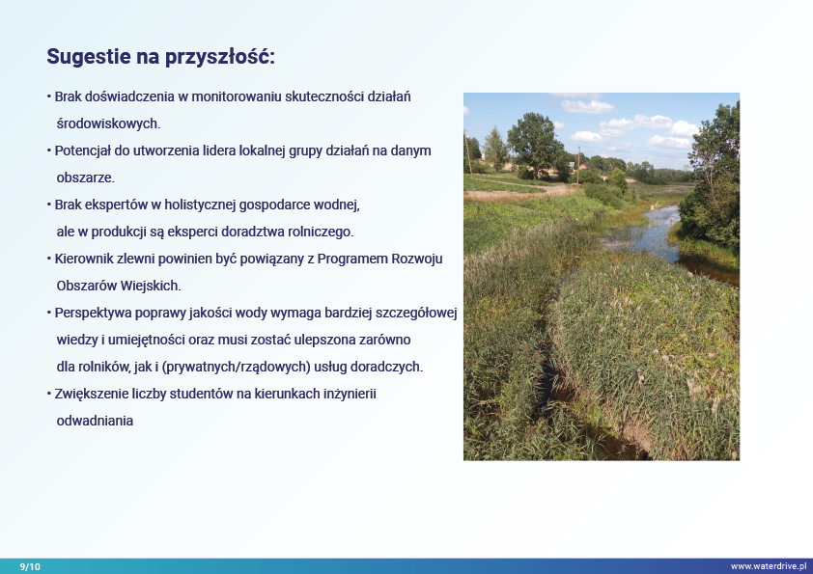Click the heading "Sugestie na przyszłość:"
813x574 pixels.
tap(160, 57)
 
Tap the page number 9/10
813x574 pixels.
tap(30, 566)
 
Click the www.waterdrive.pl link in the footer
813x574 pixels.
tap(769, 566)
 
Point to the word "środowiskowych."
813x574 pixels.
tap(108, 123)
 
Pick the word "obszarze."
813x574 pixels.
tap(86, 178)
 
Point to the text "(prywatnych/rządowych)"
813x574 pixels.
tap(236, 367)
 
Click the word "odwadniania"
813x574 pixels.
tap(95, 421)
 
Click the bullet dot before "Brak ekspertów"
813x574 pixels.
tap(49, 205)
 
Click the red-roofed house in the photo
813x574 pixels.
tap(583, 167)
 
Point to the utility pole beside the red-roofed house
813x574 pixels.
tap(578, 164)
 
